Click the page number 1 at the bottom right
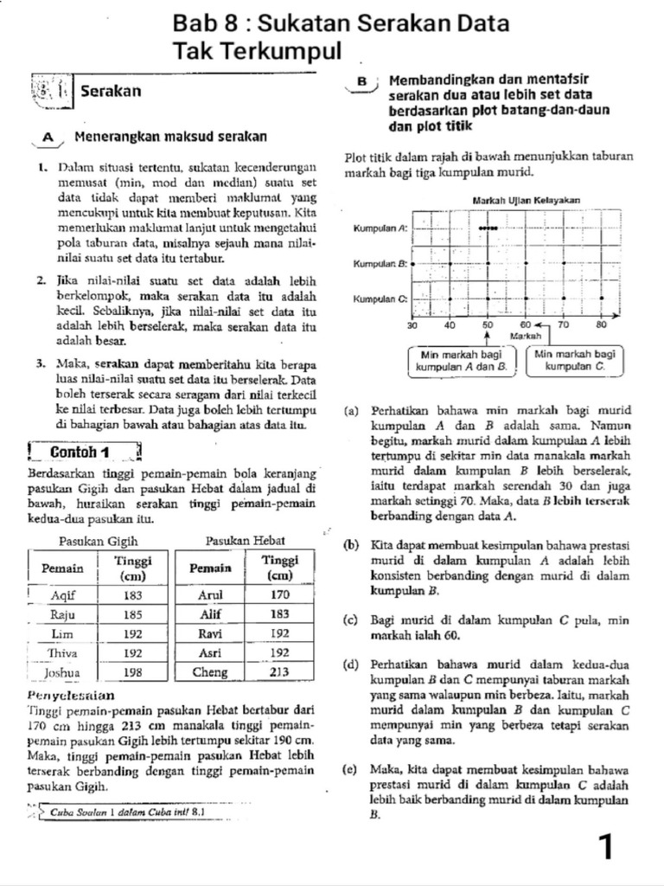tap(607, 847)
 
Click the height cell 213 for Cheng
tap(279, 671)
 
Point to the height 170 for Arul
tap(279, 595)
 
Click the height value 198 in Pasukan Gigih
tap(133, 671)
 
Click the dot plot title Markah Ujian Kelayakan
tap(526, 200)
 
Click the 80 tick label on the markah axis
tap(602, 324)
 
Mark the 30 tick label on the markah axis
tap(412, 324)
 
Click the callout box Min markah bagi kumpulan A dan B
tap(461, 361)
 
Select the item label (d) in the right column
tap(351, 664)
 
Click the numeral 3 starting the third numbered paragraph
tap(40, 363)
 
